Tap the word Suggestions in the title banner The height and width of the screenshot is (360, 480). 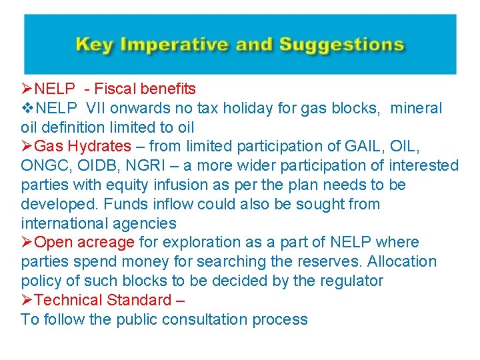coord(341,45)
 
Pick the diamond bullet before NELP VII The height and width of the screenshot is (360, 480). coord(27,108)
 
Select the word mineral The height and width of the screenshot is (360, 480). coord(416,108)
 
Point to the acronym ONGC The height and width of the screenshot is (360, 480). coord(43,165)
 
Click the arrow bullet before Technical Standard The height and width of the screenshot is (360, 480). coord(27,300)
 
